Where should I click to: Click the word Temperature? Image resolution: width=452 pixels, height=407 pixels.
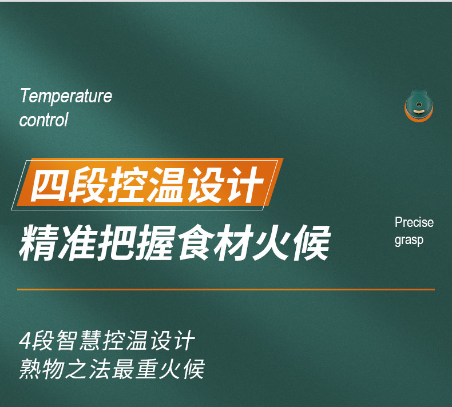pyautogui.click(x=66, y=95)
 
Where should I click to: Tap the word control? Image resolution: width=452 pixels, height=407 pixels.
pyautogui.click(x=43, y=119)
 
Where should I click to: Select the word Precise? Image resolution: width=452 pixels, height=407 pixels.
pyautogui.click(x=414, y=222)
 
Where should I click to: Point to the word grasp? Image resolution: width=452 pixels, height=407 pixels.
pyautogui.click(x=409, y=240)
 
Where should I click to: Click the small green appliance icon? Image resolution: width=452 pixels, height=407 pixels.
pyautogui.click(x=419, y=106)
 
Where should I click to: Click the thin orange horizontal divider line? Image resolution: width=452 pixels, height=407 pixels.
pyautogui.click(x=226, y=289)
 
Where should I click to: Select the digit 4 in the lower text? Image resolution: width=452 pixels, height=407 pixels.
pyautogui.click(x=25, y=341)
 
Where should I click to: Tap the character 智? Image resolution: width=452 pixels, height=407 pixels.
pyautogui.click(x=67, y=341)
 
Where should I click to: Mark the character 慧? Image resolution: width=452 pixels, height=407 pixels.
pyautogui.click(x=90, y=341)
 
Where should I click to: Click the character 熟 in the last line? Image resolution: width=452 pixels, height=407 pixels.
pyautogui.click(x=30, y=368)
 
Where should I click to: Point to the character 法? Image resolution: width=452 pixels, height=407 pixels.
pyautogui.click(x=100, y=368)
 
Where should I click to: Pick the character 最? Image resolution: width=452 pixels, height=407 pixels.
pyautogui.click(x=124, y=368)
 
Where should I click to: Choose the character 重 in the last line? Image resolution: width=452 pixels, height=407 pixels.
pyautogui.click(x=146, y=368)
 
